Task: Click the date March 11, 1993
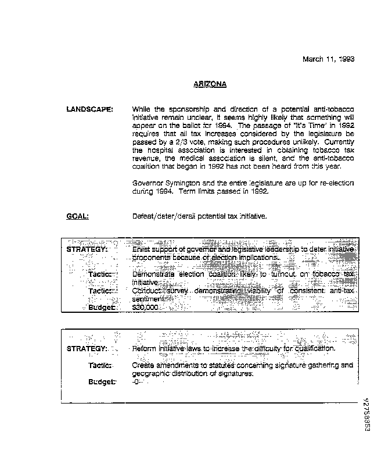point(329,59)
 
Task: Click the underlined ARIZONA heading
point(210,84)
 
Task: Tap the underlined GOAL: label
point(77,216)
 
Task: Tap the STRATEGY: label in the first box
point(87,249)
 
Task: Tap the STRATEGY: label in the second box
point(87,348)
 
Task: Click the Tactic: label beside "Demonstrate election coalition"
point(102,274)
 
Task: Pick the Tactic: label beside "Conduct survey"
point(102,290)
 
